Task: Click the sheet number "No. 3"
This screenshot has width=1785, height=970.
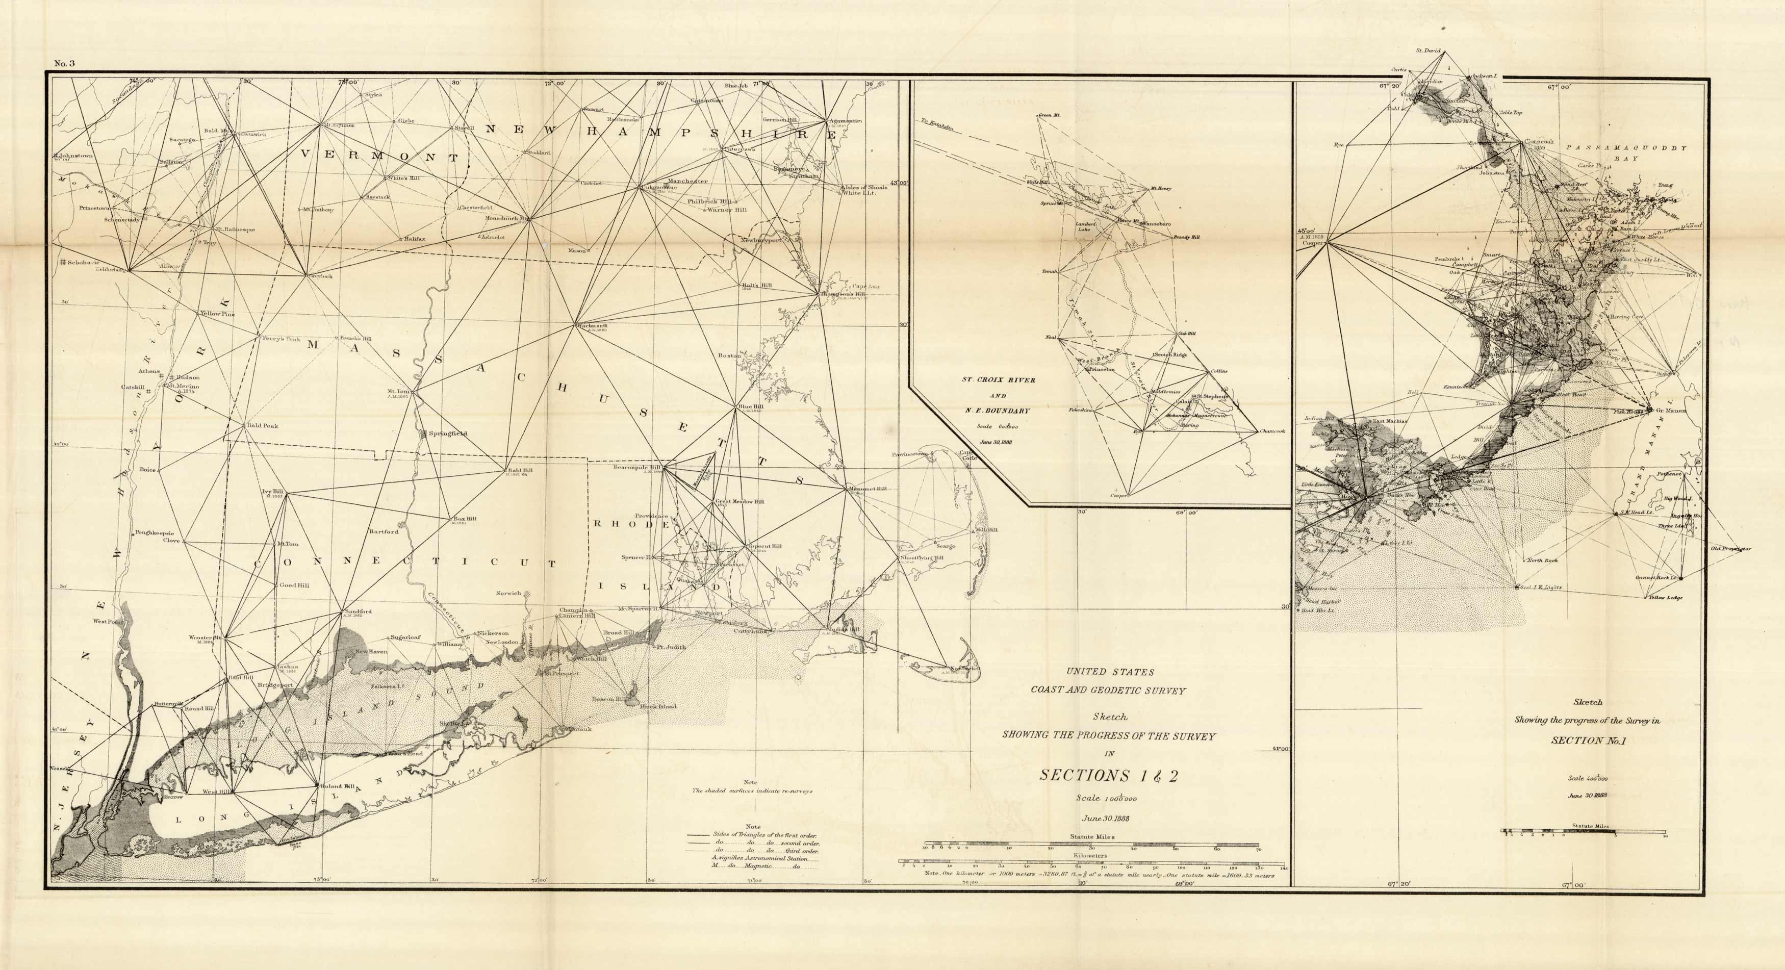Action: tap(64, 64)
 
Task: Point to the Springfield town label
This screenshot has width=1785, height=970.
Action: tap(447, 433)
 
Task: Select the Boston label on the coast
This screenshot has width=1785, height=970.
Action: tap(730, 355)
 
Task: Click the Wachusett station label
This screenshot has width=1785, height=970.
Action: tap(592, 325)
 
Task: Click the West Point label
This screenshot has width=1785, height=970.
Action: tap(108, 622)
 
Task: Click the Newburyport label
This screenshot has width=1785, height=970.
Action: tap(760, 240)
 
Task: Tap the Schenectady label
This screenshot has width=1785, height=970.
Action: tap(122, 220)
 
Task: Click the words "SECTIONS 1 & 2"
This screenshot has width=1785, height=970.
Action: tap(1108, 775)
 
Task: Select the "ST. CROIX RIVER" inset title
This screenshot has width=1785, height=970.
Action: tap(998, 379)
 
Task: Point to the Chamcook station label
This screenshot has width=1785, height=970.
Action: tap(1272, 431)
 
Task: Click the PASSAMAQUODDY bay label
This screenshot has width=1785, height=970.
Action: tap(1626, 147)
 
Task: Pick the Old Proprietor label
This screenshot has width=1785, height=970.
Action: tap(1730, 549)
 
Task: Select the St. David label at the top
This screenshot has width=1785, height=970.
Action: tap(1428, 50)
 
